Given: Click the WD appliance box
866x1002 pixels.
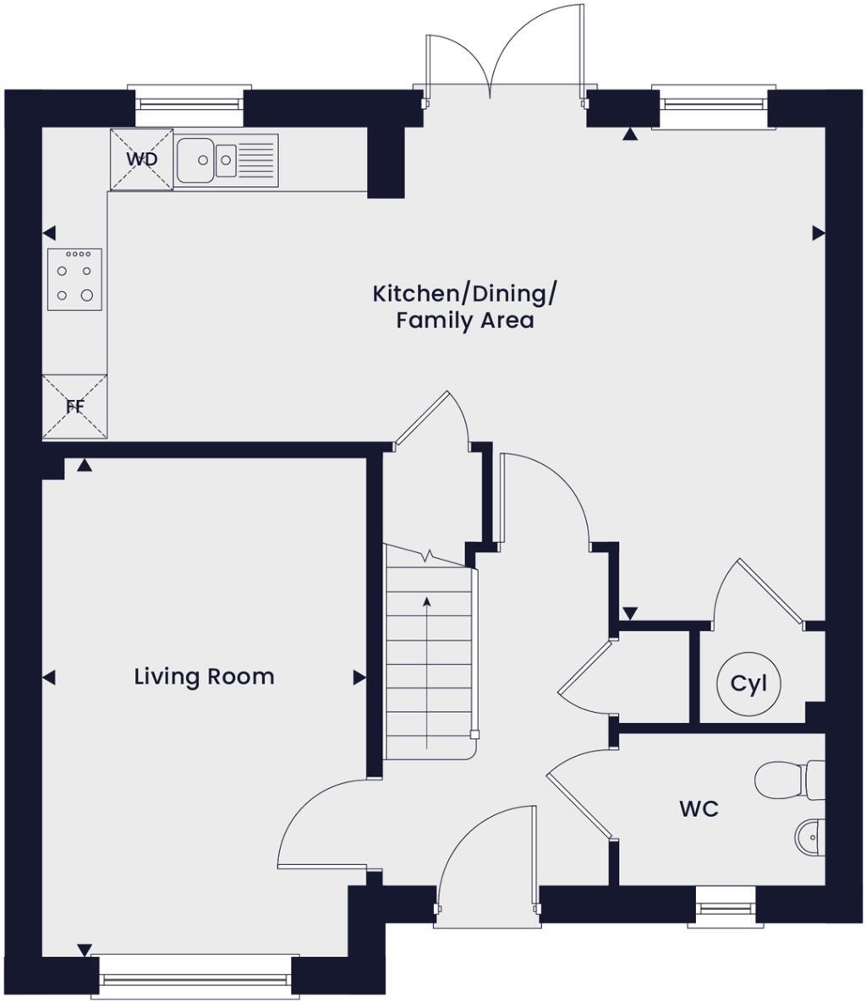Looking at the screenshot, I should pos(141,159).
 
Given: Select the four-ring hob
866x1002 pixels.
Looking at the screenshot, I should pos(74,279).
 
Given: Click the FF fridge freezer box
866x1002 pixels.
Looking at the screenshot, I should pos(75,407).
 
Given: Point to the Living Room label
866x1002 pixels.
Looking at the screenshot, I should pos(204,676).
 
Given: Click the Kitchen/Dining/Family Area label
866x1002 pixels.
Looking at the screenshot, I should pos(464,307).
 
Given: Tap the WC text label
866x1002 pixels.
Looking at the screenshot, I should pos(699,809).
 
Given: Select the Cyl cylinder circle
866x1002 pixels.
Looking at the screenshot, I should pos(748,683).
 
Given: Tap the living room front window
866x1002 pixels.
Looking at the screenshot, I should pos(195,978).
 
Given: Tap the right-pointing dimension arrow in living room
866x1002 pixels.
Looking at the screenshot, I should pos(359,677).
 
